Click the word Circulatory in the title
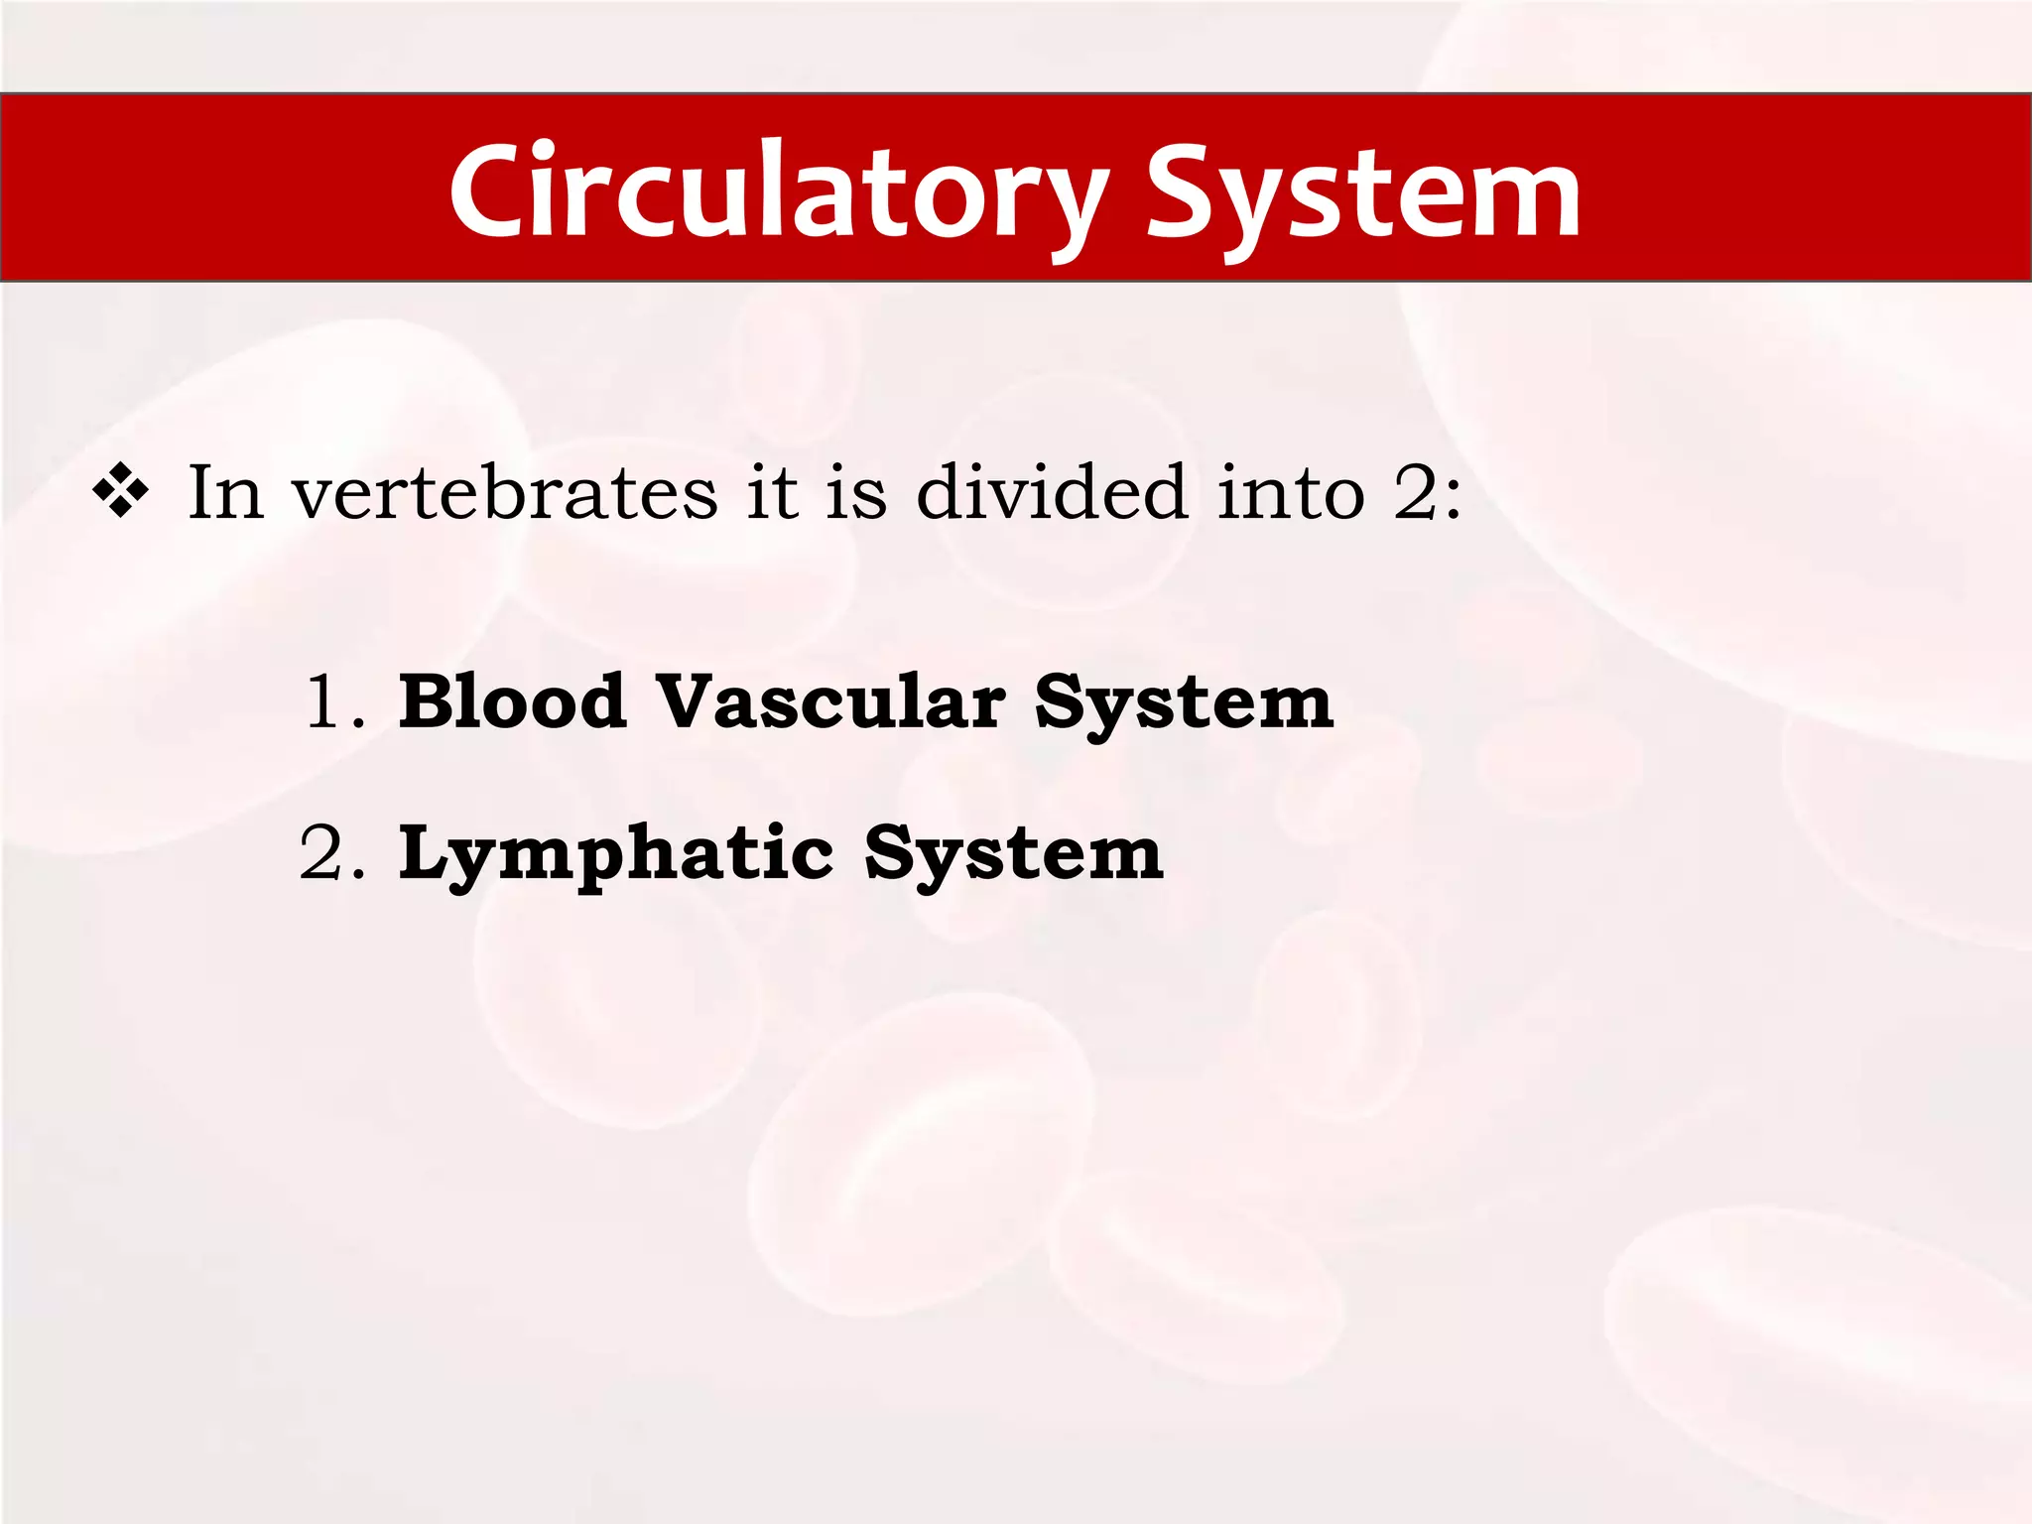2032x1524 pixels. pos(779,190)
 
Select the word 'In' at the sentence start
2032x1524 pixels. pos(225,492)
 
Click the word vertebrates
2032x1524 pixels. pos(504,492)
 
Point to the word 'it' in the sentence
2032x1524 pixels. pos(772,492)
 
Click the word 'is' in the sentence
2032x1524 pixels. pos(856,492)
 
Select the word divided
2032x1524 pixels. pos(1052,492)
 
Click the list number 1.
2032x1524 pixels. pos(327,702)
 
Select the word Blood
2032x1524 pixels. pos(512,701)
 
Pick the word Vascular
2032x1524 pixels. pos(830,701)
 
